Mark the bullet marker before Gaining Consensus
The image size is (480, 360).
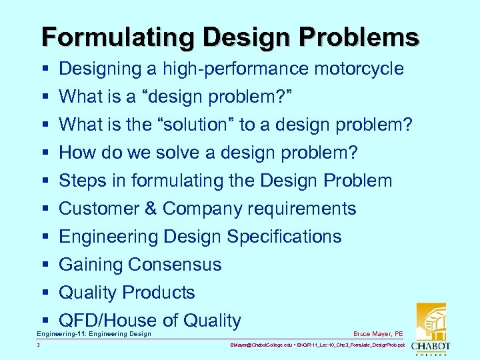tap(43, 265)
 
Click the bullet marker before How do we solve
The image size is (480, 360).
tap(43, 153)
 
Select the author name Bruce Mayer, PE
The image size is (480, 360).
tap(379, 334)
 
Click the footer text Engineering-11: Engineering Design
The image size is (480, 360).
tap(94, 334)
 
